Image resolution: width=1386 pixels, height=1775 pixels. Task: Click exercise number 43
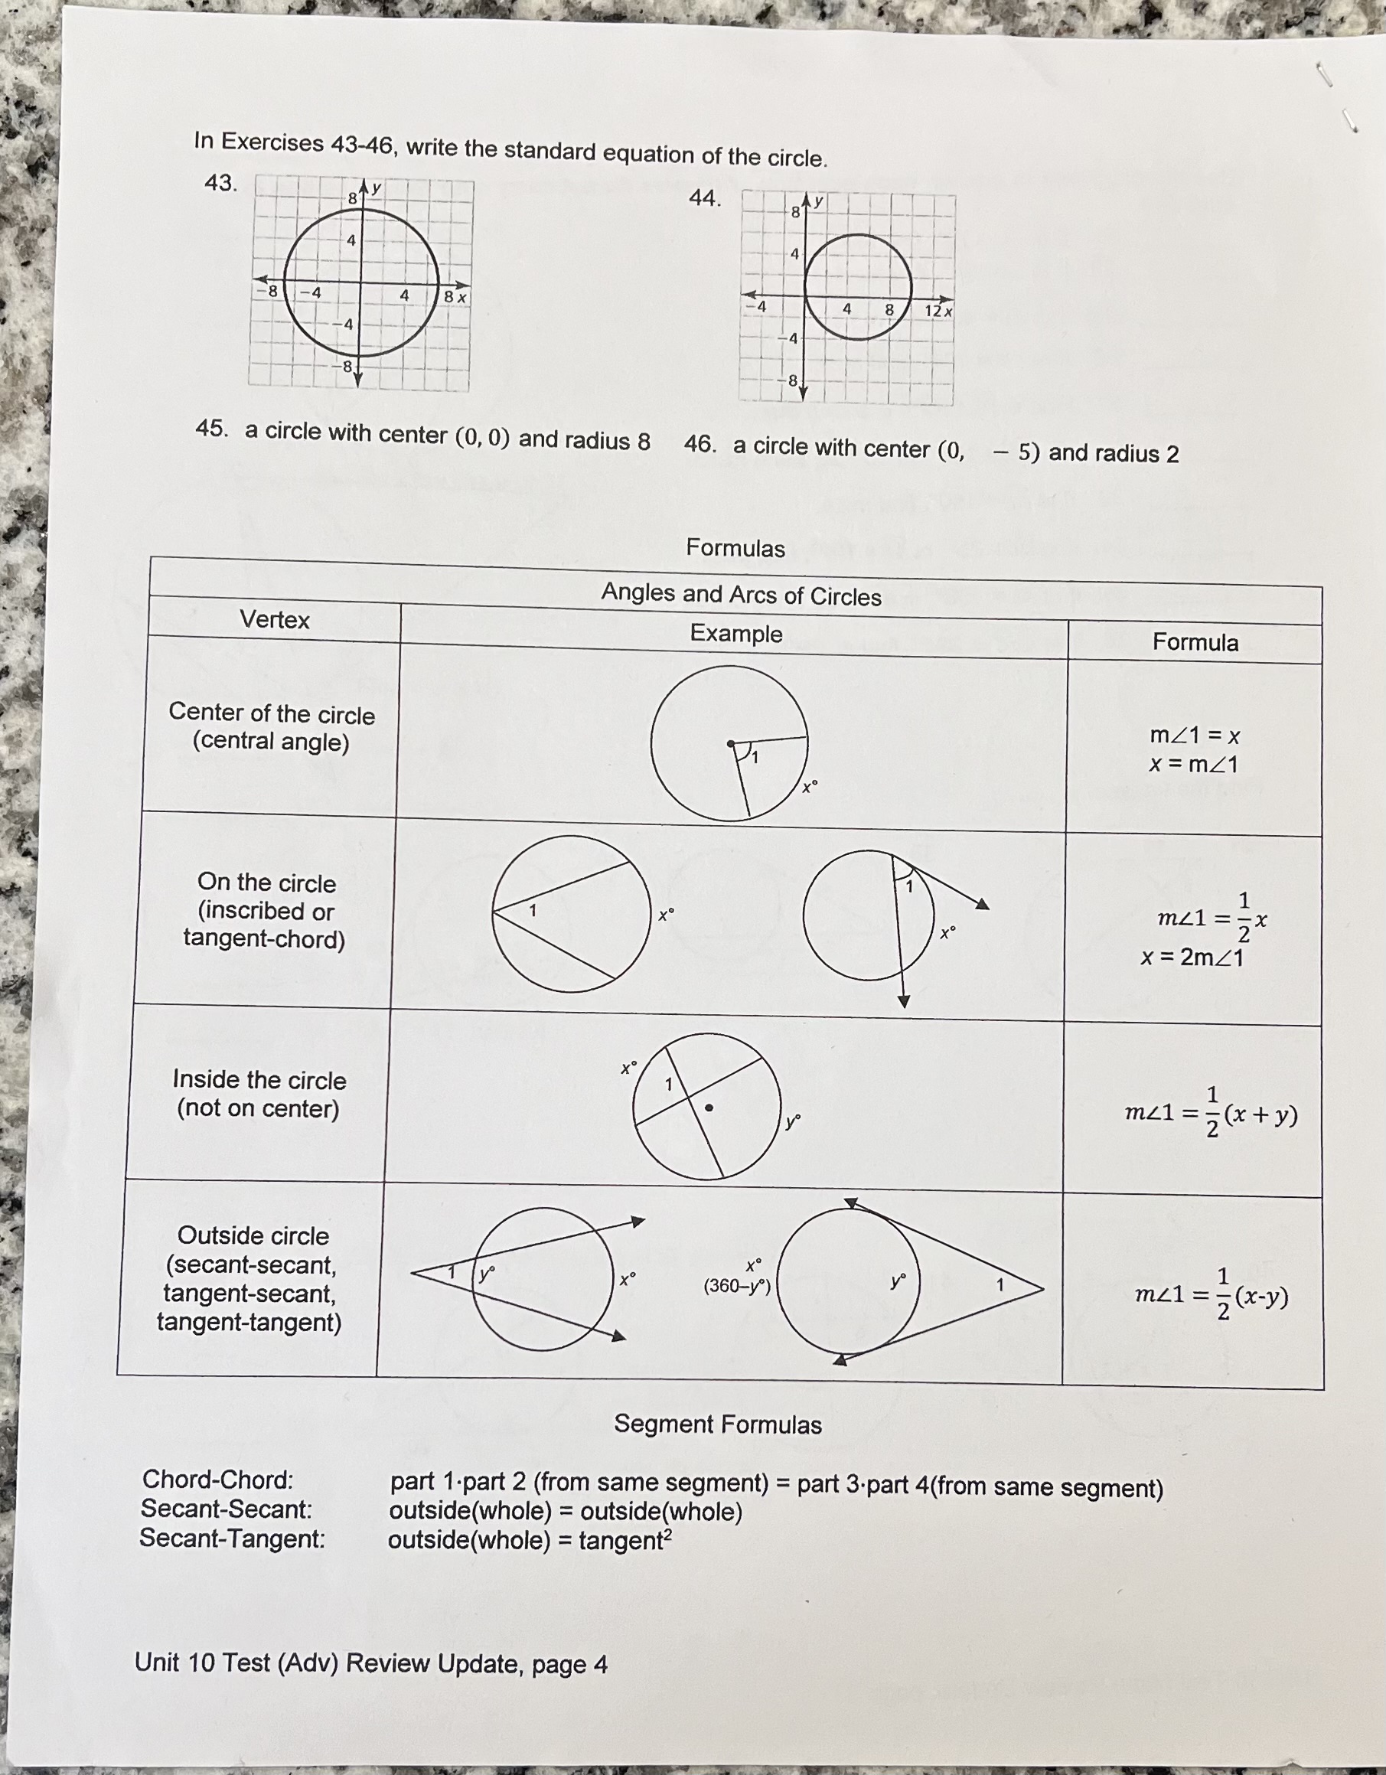point(220,183)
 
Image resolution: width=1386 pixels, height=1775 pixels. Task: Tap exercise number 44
point(704,198)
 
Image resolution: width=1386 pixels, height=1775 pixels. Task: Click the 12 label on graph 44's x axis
point(933,312)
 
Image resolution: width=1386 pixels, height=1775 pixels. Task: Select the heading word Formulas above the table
point(735,548)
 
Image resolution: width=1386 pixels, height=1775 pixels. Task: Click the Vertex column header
point(275,620)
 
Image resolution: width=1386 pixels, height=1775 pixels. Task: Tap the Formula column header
point(1195,643)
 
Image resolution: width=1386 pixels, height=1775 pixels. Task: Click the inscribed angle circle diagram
point(571,913)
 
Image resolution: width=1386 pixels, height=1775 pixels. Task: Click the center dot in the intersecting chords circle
point(709,1108)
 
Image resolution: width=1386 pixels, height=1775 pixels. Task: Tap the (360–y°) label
point(737,1286)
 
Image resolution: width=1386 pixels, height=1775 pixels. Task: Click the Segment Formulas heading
point(717,1424)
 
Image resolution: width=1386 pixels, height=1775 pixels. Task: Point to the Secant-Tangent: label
point(233,1538)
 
